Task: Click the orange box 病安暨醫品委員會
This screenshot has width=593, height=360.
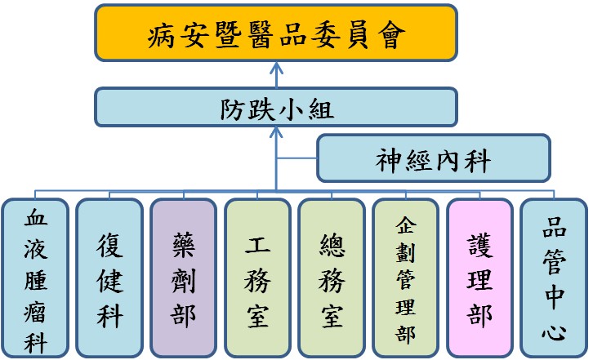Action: coord(275,33)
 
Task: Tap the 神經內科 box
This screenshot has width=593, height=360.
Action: coord(432,158)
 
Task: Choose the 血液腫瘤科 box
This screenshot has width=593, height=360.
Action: coord(34,278)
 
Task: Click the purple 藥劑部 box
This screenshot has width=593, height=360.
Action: coord(183,278)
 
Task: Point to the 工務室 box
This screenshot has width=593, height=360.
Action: coord(257,278)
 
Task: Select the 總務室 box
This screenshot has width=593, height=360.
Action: coord(331,278)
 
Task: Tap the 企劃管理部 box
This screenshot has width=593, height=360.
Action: coord(405,278)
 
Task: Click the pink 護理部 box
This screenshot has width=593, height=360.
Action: coord(479,278)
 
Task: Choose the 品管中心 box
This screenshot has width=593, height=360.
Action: coord(554,278)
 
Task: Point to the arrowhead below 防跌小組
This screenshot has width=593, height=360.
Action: coord(275,132)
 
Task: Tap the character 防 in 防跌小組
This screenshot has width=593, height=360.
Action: coord(232,108)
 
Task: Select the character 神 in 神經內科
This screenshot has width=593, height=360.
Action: coord(389,159)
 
